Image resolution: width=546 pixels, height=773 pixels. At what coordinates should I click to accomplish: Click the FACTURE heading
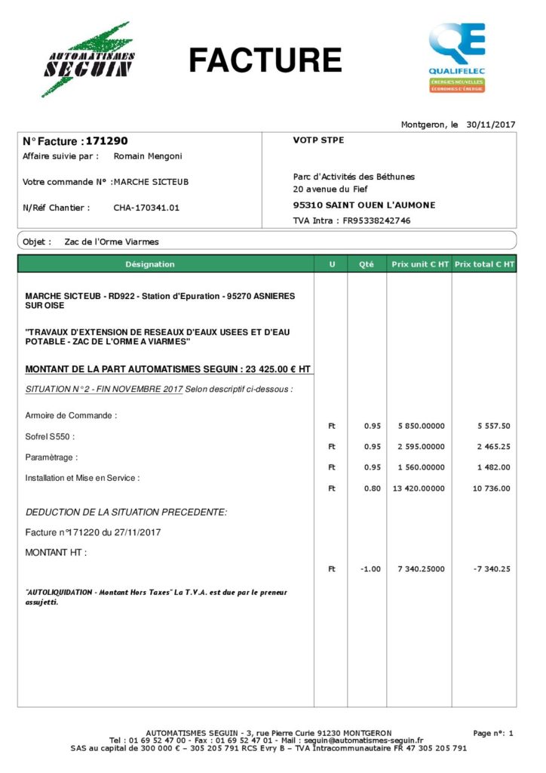265,60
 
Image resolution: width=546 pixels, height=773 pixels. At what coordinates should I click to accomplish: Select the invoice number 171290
107,141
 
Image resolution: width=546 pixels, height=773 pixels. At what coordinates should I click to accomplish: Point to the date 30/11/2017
490,124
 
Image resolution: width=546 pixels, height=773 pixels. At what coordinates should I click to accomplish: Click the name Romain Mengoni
148,156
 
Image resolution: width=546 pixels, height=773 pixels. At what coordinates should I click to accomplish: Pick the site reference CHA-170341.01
146,208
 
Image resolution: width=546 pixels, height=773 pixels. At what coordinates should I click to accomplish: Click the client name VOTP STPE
318,140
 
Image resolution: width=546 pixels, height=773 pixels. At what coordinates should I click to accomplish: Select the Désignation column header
150,264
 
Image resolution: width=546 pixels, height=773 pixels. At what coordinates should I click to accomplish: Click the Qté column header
367,264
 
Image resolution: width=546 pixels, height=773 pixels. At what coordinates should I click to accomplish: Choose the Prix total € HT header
485,264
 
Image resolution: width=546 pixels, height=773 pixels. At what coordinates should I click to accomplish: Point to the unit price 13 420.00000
419,488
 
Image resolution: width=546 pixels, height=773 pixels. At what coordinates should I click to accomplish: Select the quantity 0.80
372,488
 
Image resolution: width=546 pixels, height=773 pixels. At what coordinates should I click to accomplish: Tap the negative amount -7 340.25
491,569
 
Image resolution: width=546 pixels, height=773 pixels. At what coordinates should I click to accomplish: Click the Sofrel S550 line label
50,436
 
